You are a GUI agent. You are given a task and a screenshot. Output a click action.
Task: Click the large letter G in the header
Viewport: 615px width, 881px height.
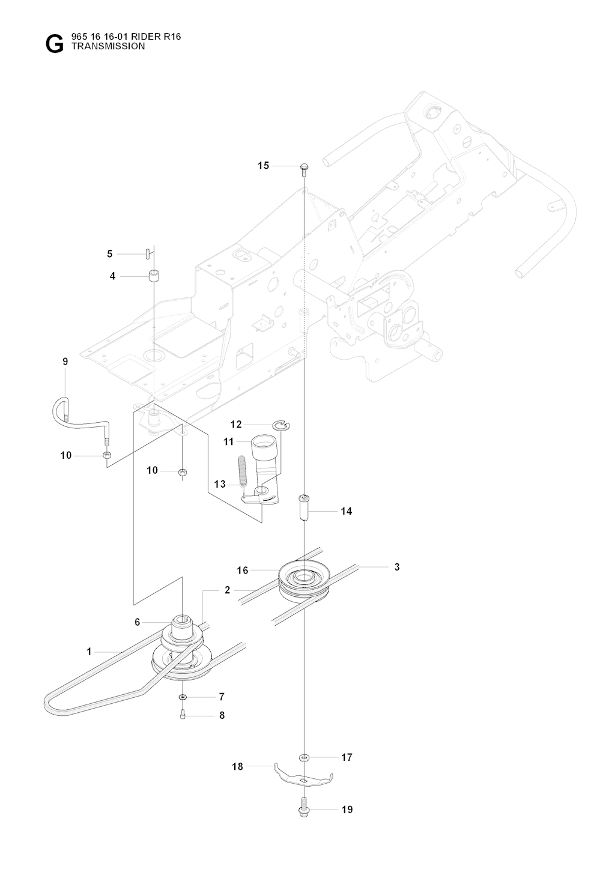pyautogui.click(x=53, y=44)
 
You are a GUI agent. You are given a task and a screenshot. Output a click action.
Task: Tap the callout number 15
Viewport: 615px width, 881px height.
pyautogui.click(x=263, y=166)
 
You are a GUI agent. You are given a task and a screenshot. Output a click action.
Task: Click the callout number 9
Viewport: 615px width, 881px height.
pyautogui.click(x=65, y=362)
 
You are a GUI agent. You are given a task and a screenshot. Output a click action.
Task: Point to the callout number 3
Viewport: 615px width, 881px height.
pyautogui.click(x=397, y=567)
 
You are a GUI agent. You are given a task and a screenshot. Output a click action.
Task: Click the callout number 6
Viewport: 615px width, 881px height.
pyautogui.click(x=137, y=622)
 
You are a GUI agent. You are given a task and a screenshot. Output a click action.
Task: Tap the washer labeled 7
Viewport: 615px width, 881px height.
pyautogui.click(x=182, y=697)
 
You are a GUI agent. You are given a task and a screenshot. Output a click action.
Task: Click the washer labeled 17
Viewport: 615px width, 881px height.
pyautogui.click(x=304, y=757)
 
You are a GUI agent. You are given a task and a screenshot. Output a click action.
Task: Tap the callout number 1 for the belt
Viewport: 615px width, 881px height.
pyautogui.click(x=89, y=651)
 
